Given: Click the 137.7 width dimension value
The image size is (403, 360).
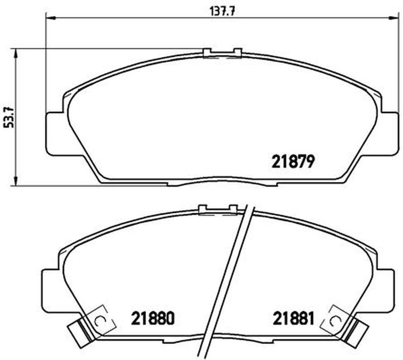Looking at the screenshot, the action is coord(223,11).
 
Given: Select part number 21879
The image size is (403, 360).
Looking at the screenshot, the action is coord(293,162).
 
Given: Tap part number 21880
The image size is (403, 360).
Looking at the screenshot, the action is coord(153,318).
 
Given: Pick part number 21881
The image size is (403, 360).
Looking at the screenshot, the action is coord(293,318).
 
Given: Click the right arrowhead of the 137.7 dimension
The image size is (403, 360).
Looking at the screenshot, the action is coord(393,18).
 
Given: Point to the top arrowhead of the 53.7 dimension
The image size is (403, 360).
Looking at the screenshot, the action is coord(16,53).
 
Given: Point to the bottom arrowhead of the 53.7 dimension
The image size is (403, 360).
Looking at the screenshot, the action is coord(16,181).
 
